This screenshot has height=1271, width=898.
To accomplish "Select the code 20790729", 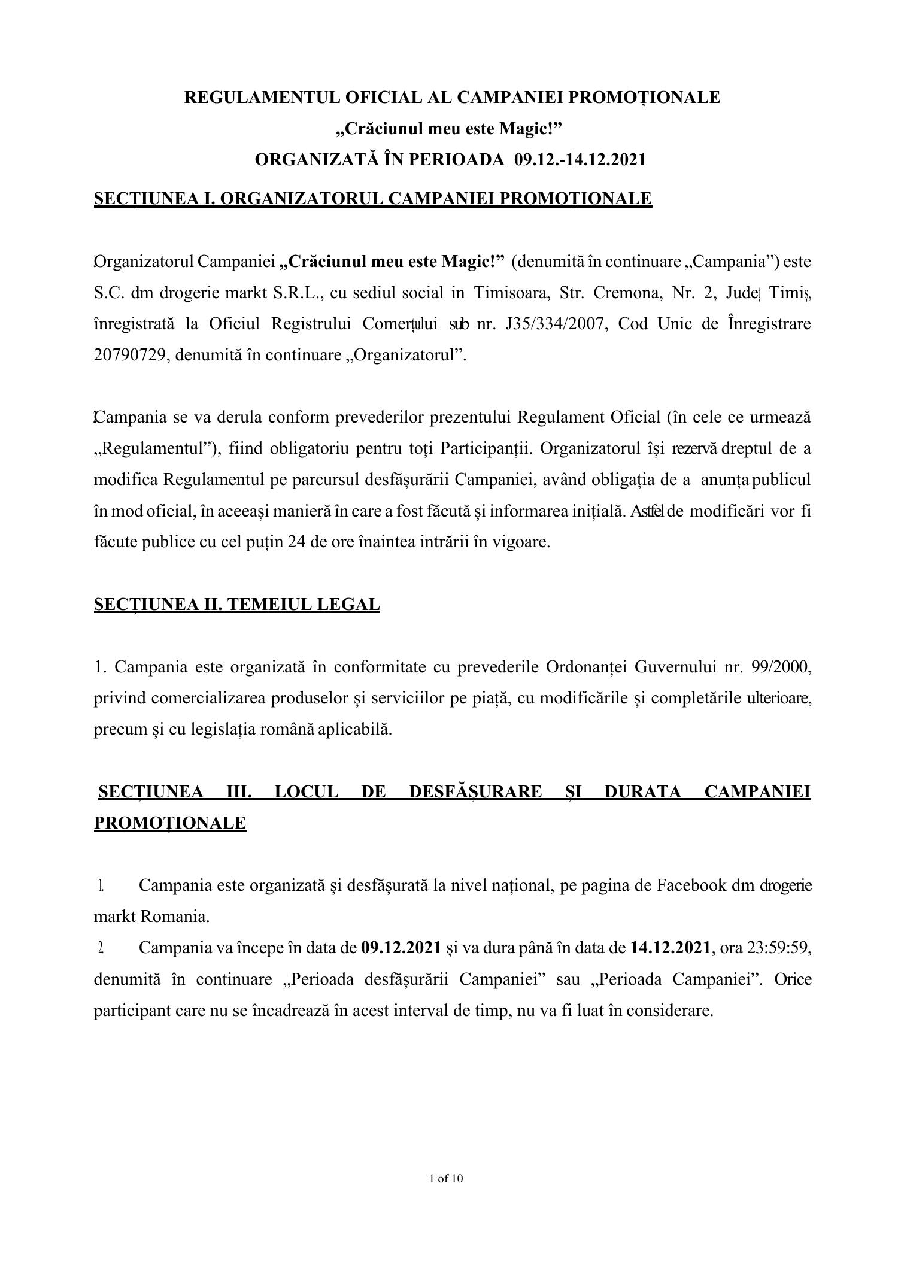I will (x=129, y=356).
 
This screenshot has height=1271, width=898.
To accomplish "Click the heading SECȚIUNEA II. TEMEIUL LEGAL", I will (x=236, y=605).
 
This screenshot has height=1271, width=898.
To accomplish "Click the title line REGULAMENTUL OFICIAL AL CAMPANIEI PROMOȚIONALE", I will (x=452, y=97).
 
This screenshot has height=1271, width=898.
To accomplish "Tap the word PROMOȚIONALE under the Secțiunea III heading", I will (x=170, y=823).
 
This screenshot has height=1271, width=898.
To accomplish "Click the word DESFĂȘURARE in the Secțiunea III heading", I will (x=475, y=792).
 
